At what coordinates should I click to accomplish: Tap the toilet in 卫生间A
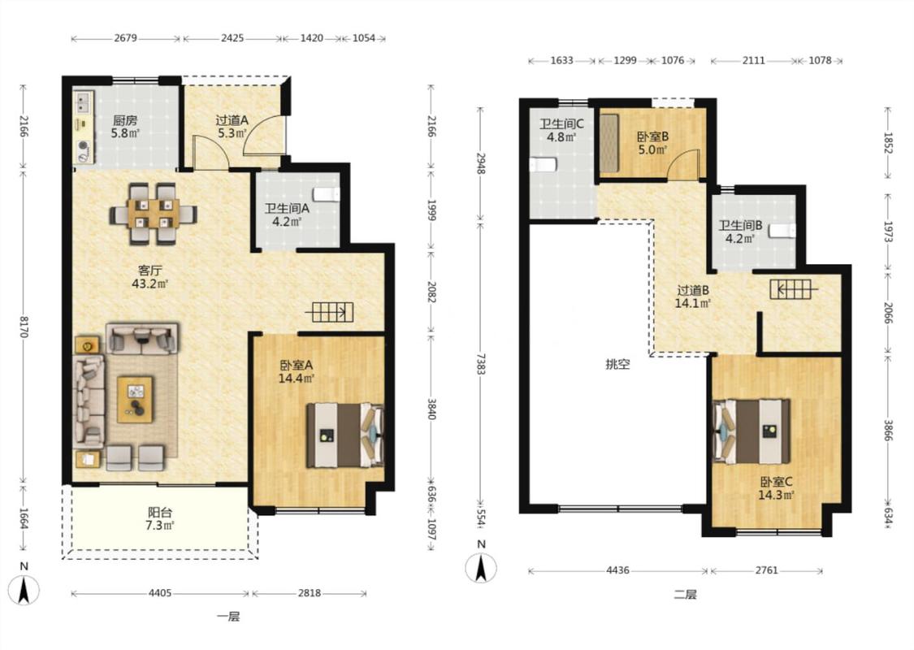pos(326,194)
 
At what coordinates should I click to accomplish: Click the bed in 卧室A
pos(345,435)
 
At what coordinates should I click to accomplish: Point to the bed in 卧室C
pos(752,431)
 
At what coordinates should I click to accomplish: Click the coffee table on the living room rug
pos(135,399)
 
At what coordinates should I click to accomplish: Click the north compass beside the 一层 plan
pos(24,590)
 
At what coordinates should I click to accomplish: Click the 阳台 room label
pos(160,513)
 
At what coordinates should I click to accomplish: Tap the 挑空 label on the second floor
pos(617,365)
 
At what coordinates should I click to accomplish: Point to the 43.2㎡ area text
pos(149,284)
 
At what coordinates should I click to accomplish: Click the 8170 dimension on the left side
pos(24,327)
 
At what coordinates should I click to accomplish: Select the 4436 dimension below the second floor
pos(617,570)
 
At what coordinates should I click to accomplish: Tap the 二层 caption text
pos(685,595)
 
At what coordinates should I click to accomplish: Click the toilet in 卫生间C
pos(543,164)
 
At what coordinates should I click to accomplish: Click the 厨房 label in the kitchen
pos(125,121)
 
